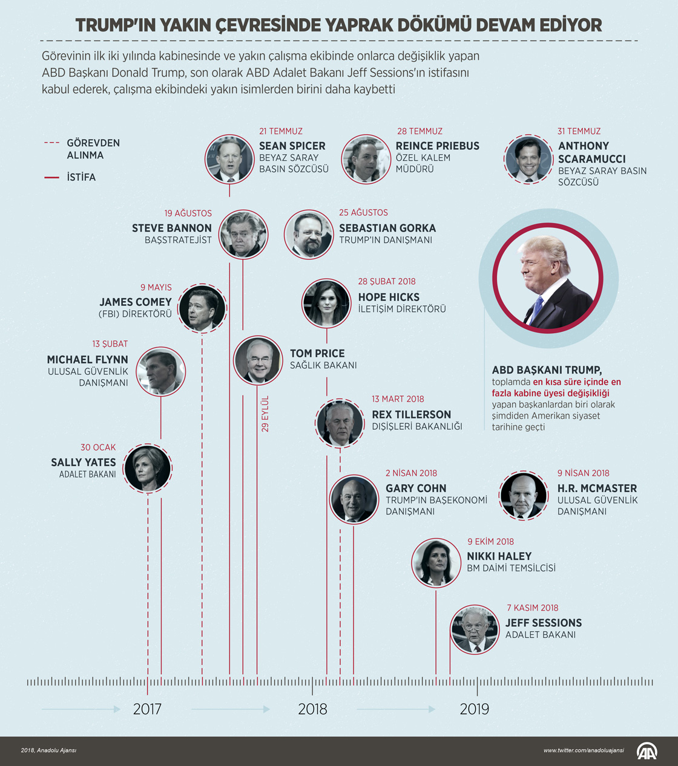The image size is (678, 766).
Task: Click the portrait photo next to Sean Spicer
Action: coord(229,159)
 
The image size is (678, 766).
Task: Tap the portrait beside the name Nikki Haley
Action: coord(436,562)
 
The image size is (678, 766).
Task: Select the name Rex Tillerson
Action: coord(411,415)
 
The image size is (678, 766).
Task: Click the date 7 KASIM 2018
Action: coord(533,608)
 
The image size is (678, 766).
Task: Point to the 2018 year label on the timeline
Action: coord(312,709)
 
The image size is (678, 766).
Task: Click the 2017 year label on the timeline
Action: coord(147,709)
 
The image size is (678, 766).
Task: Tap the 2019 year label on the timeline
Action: coord(474,709)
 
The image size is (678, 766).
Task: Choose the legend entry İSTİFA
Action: coord(81,177)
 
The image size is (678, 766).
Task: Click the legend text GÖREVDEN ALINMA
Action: coord(93,149)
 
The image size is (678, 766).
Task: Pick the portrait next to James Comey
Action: coord(202,308)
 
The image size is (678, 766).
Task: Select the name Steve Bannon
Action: coord(172,228)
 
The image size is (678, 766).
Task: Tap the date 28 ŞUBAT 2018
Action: coord(387,282)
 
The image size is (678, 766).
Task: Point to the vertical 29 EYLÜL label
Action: coord(265,414)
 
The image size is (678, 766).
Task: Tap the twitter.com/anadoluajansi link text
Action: coord(583,750)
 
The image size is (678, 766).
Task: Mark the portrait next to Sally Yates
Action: coord(148,468)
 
